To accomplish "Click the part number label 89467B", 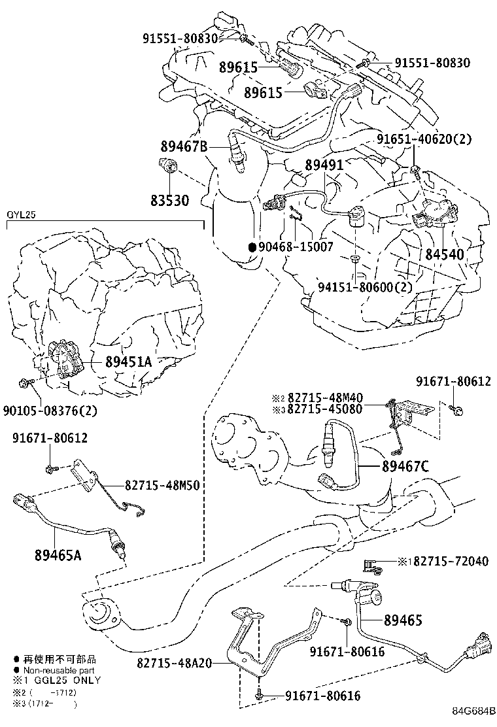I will point(184,146).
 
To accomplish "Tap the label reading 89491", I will point(324,165).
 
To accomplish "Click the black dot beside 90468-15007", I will point(251,247).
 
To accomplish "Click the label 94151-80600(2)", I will point(366,286).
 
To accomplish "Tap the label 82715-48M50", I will point(161,485).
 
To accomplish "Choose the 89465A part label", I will point(58,555).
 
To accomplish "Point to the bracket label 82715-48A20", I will point(175,663).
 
